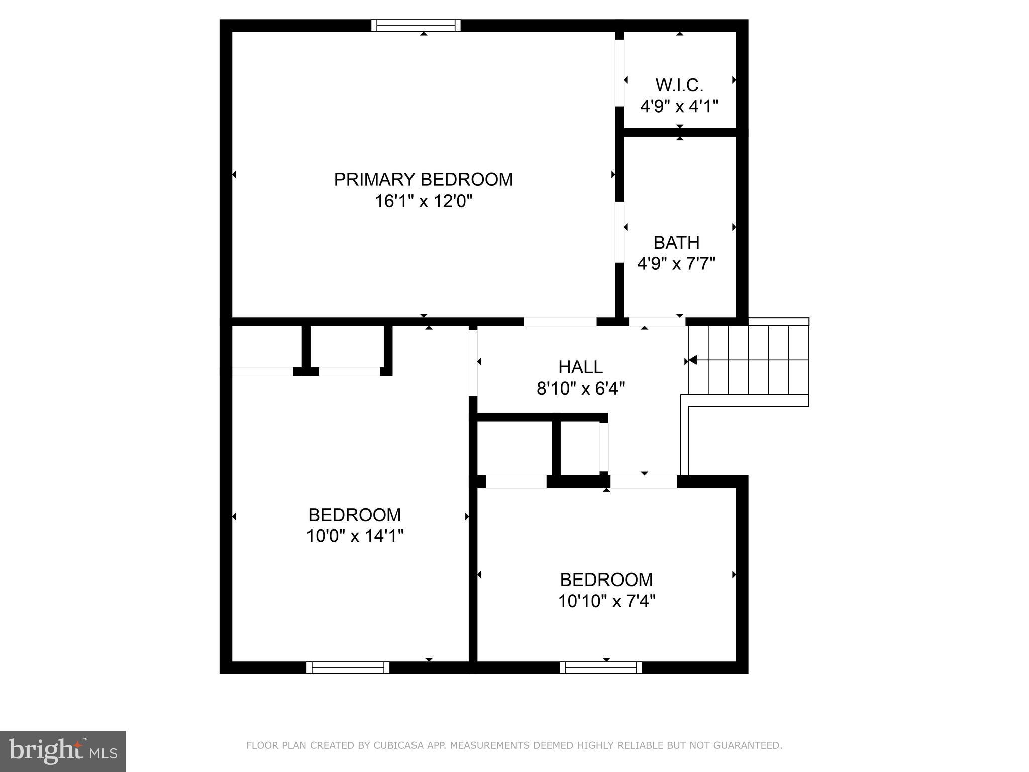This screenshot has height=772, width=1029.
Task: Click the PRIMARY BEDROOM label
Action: [x=424, y=179]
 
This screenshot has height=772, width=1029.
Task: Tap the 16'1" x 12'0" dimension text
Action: [x=424, y=201]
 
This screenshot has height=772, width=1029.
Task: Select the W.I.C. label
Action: [x=679, y=85]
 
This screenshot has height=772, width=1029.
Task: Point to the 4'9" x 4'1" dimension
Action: [x=679, y=107]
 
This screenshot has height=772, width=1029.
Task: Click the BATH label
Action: [x=676, y=243]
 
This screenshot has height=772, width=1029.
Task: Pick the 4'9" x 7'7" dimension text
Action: [x=676, y=263]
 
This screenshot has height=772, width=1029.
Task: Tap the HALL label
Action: [x=580, y=367]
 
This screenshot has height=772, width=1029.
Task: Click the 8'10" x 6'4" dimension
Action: [x=580, y=389]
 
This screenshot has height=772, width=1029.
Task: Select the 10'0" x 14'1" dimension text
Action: [x=355, y=536]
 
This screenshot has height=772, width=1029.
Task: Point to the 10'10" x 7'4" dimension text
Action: [x=606, y=601]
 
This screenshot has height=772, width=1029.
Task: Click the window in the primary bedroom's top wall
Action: [x=416, y=25]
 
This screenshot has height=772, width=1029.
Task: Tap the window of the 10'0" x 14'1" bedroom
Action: [x=348, y=667]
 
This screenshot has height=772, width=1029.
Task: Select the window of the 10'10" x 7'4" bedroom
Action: [x=600, y=667]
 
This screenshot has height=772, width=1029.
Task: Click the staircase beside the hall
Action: [x=748, y=360]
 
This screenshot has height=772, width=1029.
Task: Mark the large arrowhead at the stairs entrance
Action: [x=692, y=360]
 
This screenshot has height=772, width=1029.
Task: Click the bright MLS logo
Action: [x=62, y=751]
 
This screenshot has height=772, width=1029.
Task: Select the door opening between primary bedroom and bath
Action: [x=620, y=232]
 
